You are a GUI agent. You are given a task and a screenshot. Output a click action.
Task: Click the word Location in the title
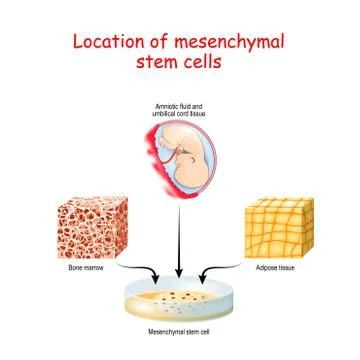102,43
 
